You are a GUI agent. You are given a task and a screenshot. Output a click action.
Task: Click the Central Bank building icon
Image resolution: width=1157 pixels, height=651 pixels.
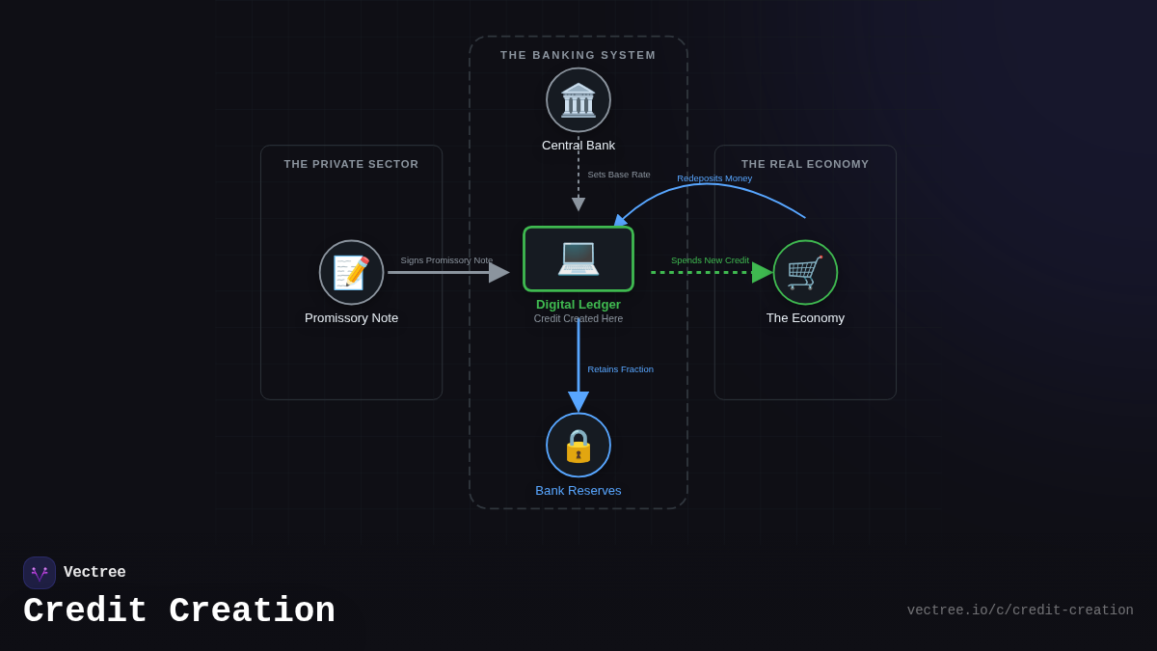(x=578, y=100)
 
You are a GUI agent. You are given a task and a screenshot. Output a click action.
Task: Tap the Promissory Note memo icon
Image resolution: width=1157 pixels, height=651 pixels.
(x=351, y=273)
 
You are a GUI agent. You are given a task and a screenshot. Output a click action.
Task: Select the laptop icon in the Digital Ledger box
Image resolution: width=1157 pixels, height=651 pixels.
(x=578, y=258)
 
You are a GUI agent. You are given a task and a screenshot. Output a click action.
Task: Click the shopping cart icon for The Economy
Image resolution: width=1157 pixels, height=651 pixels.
(x=805, y=273)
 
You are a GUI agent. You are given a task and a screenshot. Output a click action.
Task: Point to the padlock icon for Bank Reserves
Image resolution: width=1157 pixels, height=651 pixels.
(x=578, y=446)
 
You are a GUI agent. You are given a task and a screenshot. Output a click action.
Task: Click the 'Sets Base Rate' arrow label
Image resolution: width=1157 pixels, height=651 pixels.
(x=619, y=175)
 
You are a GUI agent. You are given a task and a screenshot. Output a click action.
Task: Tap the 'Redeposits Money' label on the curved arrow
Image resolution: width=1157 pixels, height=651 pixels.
(x=714, y=178)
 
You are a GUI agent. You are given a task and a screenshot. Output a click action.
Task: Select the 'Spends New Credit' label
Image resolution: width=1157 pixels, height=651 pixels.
(x=710, y=260)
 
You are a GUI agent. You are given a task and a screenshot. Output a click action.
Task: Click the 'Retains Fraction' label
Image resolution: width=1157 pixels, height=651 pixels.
(x=620, y=369)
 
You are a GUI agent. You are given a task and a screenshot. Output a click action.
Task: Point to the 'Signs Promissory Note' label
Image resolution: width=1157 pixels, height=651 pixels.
(x=446, y=260)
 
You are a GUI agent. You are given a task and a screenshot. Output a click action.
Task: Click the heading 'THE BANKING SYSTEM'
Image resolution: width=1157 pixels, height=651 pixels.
(x=578, y=55)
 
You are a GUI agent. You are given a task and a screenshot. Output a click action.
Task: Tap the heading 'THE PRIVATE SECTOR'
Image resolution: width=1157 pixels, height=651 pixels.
(x=351, y=164)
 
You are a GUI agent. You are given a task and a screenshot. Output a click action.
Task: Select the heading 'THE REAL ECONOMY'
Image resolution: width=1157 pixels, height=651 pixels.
(x=805, y=164)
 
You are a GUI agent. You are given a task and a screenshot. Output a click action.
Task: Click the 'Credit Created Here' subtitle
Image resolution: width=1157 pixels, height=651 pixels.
(x=578, y=318)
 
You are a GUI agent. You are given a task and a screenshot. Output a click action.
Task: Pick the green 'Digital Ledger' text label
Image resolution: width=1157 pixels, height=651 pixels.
(x=578, y=305)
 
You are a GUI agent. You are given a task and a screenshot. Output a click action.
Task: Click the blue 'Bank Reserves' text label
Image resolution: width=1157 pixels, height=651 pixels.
(x=578, y=491)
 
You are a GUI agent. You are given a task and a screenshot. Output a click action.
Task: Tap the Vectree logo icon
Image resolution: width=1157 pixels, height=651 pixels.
(x=40, y=573)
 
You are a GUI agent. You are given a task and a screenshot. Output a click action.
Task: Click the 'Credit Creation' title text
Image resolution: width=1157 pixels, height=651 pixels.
(x=179, y=611)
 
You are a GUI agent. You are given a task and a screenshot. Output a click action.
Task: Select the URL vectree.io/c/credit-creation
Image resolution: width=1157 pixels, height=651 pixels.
(x=1020, y=610)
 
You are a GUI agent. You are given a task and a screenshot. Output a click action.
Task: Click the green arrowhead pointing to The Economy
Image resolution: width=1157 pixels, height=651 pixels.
(x=762, y=273)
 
